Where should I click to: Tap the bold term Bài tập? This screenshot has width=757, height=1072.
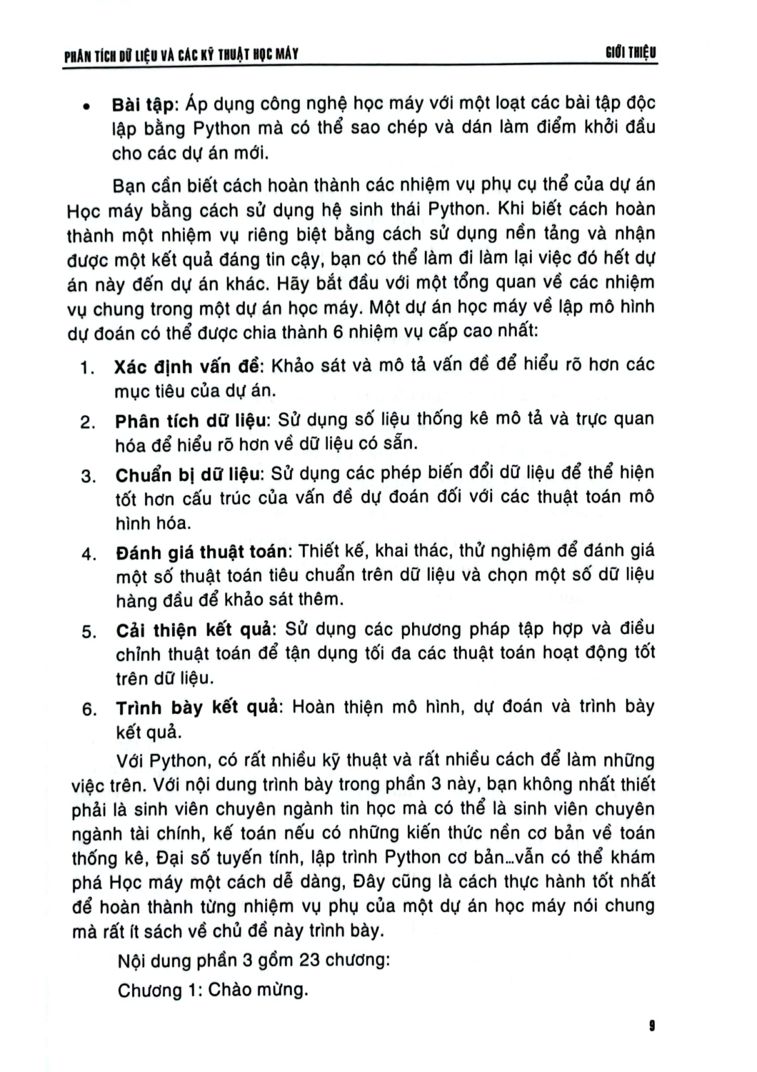143,104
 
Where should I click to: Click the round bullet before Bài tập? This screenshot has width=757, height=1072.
86,107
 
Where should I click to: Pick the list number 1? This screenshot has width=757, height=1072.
87,369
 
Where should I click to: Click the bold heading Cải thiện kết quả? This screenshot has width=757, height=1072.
194,630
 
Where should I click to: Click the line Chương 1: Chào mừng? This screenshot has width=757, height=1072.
212,991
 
